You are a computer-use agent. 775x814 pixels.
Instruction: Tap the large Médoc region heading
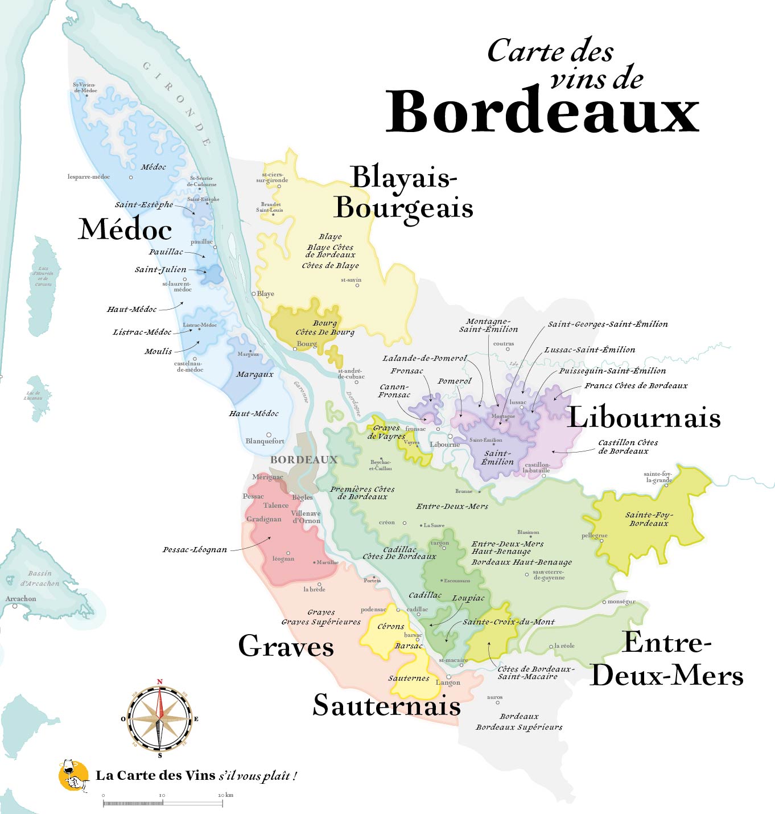click(125, 229)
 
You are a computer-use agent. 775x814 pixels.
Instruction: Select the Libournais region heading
click(644, 417)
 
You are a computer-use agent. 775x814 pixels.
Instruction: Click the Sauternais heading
click(387, 705)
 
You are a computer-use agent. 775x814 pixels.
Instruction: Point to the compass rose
click(160, 718)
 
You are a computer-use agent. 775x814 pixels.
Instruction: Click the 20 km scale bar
click(163, 803)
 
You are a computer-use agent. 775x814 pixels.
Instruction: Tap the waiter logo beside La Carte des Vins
click(73, 775)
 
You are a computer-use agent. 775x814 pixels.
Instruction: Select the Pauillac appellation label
click(166, 252)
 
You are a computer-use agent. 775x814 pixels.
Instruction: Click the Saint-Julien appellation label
click(160, 269)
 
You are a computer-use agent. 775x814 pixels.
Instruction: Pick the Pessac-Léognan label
click(195, 549)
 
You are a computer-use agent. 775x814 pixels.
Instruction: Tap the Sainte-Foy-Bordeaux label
click(649, 519)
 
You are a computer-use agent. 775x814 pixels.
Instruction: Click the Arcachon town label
click(20, 598)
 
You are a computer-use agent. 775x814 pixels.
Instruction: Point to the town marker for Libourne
click(450, 437)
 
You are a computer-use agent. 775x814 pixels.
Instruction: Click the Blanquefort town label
click(265, 441)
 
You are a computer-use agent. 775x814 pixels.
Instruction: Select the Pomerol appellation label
click(455, 381)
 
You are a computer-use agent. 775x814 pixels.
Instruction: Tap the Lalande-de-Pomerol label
click(424, 358)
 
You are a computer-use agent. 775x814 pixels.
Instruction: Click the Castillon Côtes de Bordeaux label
click(628, 446)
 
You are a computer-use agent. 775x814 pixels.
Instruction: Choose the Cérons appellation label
click(391, 626)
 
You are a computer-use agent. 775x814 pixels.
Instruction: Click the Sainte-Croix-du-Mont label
click(508, 622)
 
